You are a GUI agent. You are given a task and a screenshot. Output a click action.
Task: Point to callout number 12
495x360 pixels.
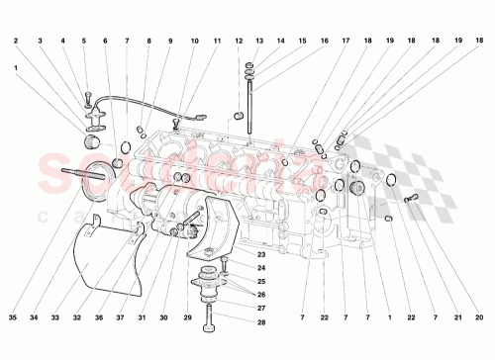(239, 41)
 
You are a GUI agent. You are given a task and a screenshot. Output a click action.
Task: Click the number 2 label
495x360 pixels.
(16, 41)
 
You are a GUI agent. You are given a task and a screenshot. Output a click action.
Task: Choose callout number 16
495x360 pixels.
(325, 41)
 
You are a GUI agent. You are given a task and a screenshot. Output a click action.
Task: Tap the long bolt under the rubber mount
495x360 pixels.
(210, 315)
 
